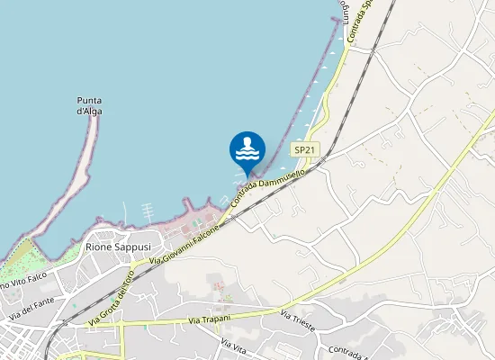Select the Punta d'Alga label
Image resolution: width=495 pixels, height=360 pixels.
[x=89, y=105]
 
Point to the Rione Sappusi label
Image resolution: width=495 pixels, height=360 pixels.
[x=117, y=246]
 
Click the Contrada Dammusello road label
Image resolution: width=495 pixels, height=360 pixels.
[x=270, y=185]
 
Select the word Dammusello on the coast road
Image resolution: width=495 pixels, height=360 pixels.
[x=285, y=177]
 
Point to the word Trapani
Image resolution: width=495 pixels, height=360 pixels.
[x=217, y=319]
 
